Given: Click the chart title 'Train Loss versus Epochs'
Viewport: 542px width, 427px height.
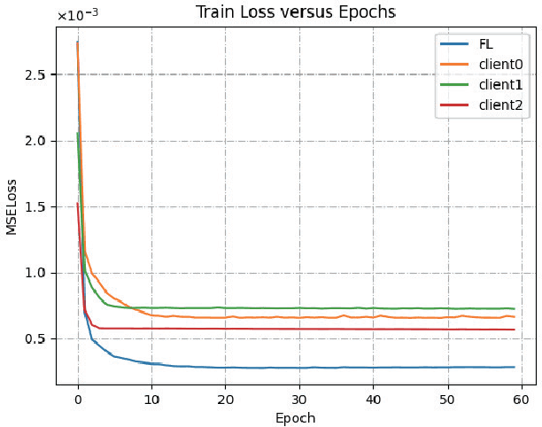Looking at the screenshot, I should [296, 12].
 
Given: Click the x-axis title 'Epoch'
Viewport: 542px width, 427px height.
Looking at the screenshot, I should [296, 417].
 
